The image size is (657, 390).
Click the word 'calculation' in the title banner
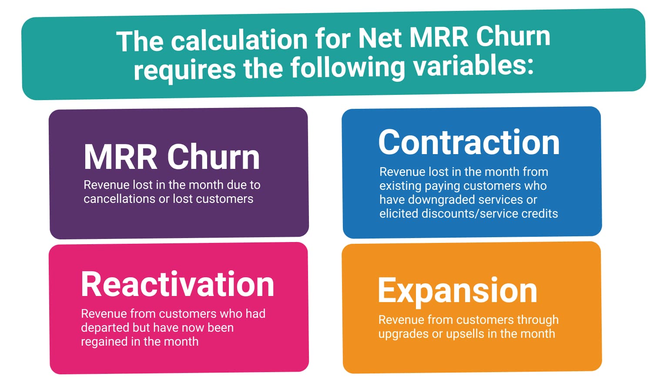click(x=239, y=40)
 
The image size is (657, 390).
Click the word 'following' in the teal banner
click(x=348, y=68)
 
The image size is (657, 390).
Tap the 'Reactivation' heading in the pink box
click(x=178, y=284)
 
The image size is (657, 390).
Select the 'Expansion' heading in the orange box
click(x=457, y=292)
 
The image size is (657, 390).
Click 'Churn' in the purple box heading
click(x=213, y=157)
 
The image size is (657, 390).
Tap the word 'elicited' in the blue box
click(x=399, y=213)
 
